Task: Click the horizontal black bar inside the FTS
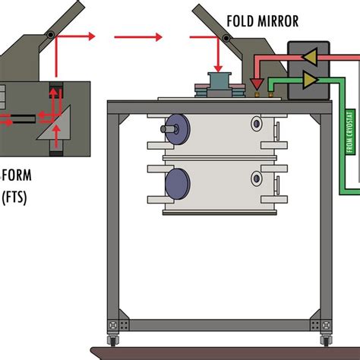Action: [x=30, y=118]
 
